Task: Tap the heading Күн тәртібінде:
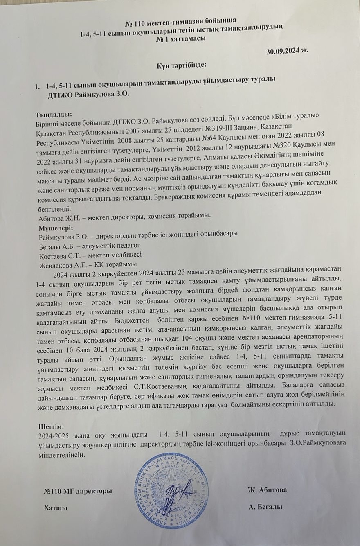click(181, 65)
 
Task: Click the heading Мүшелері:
click(56, 227)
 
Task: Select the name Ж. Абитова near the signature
click(267, 490)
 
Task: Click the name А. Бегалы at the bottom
click(265, 507)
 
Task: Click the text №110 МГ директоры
click(78, 490)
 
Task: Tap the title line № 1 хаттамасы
click(181, 38)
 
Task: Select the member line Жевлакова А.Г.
click(88, 264)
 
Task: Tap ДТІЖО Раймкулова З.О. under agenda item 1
click(88, 94)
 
